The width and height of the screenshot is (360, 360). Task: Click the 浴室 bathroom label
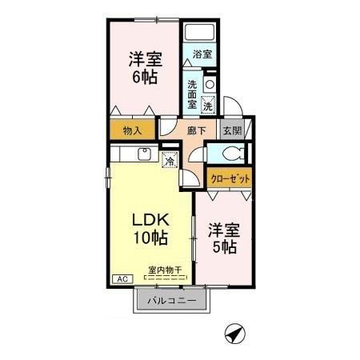coord(202,54)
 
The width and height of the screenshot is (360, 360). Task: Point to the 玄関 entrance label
coord(231,131)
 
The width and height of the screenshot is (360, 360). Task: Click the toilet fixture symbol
coord(233,155)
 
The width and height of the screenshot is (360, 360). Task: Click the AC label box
coord(123,278)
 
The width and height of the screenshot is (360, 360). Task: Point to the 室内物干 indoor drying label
coord(165,270)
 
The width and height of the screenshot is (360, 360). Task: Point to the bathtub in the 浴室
coord(200,34)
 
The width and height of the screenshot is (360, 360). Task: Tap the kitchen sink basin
coord(145,154)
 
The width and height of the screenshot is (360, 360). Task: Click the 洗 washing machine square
coord(207,104)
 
